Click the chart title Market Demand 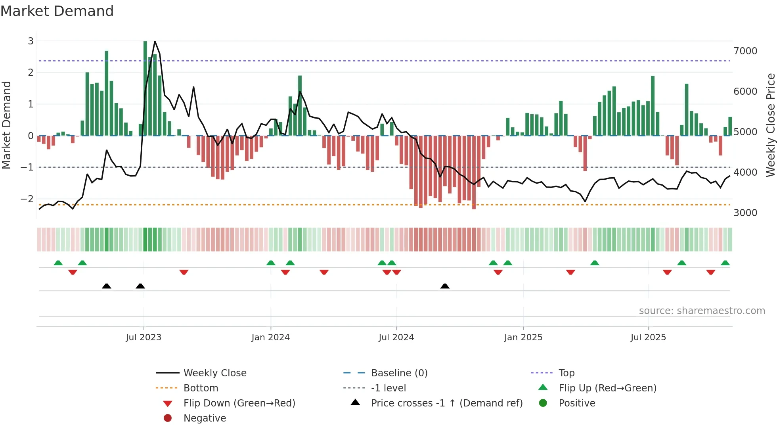point(57,11)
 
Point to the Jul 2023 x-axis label point(144,337)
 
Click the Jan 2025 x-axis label point(523,337)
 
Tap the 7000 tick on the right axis point(745,51)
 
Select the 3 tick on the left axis point(31,41)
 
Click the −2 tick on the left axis point(27,199)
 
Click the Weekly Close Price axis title point(770,125)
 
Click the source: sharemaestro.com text point(702,311)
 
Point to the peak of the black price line point(155,42)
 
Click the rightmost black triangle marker point(445,286)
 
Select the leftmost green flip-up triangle point(58,263)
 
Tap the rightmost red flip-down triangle point(710,272)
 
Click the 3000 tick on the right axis point(745,213)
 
